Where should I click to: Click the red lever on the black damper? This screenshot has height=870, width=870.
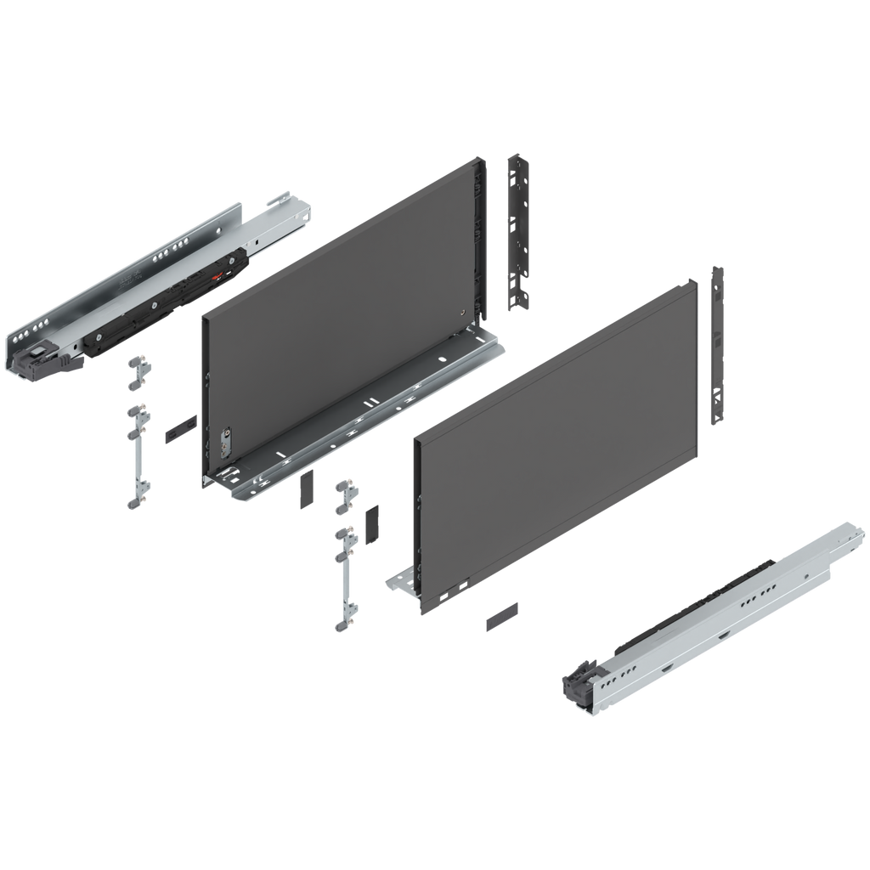coord(220,277)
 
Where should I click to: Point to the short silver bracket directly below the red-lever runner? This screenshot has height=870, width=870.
coord(138,372)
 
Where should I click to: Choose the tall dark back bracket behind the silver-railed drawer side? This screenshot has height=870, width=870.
coord(517,229)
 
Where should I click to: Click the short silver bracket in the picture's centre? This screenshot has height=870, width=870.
coord(345,496)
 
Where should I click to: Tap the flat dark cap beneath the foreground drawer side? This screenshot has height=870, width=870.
coord(501,615)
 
